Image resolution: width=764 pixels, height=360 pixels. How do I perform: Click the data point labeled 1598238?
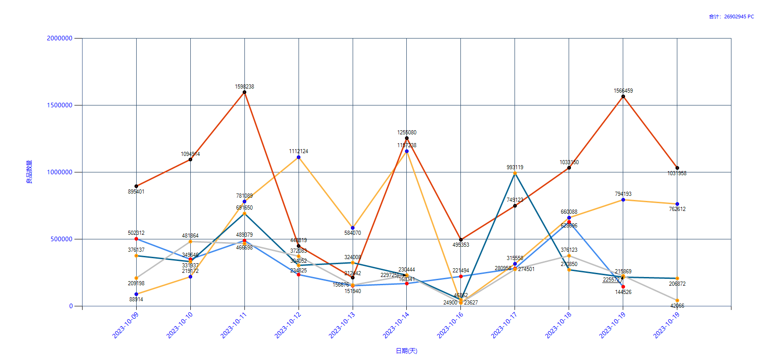[x=244, y=92]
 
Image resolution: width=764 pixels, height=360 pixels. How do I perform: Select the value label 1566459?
[x=623, y=91]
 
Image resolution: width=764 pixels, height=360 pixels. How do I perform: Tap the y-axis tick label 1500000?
[x=60, y=105]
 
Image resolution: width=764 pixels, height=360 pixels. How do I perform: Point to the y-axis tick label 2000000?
[x=60, y=38]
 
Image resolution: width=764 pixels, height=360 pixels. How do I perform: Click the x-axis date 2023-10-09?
[x=126, y=325]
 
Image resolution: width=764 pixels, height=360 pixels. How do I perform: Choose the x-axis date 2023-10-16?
[x=450, y=325]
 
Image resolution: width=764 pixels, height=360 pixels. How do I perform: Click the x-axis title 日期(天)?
[x=406, y=351]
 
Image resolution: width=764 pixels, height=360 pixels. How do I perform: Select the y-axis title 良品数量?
[x=29, y=172]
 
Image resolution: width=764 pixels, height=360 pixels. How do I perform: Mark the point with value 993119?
[x=515, y=173]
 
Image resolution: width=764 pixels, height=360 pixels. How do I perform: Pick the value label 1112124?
[x=299, y=151]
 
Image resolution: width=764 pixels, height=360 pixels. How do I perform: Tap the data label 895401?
[x=136, y=192]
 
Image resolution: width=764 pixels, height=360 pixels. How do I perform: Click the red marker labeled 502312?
[x=136, y=239]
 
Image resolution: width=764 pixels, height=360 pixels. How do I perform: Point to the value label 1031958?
[x=677, y=173]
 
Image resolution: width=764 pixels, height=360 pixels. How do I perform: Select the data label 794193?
[x=623, y=194]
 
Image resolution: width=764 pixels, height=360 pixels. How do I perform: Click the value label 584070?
[x=353, y=233]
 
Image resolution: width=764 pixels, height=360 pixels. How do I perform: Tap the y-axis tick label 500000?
[x=61, y=239]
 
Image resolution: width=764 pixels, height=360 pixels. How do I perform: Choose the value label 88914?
[x=136, y=299]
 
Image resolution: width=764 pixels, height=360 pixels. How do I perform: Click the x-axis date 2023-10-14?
[x=396, y=325]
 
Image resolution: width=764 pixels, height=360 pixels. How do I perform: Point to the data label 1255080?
[x=407, y=133]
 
